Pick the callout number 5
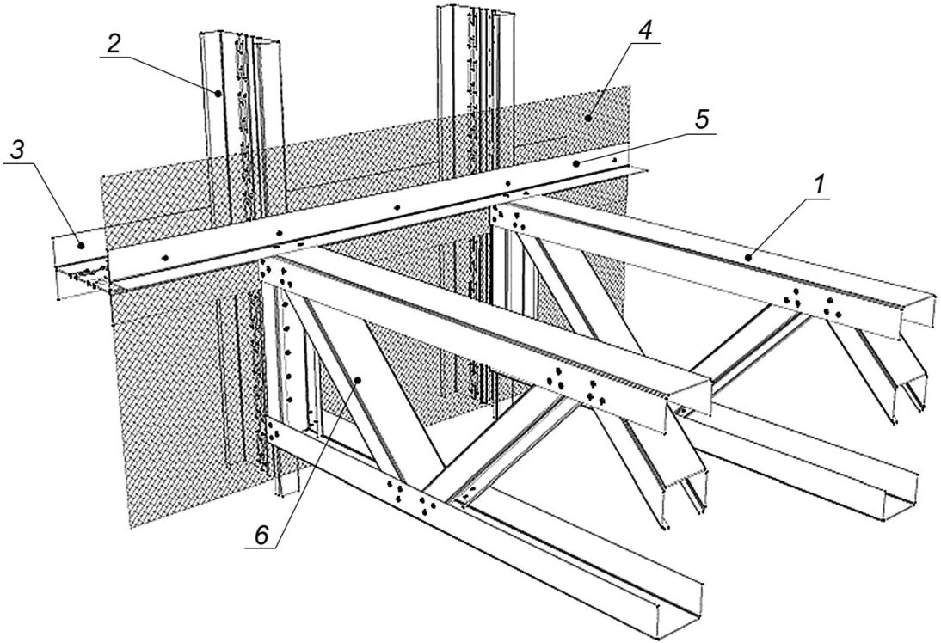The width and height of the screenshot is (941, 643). coord(703,121)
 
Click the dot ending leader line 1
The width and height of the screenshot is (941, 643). coord(749,256)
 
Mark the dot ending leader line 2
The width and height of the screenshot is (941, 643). coord(218,92)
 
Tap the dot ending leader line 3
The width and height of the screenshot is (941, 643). coord(81,245)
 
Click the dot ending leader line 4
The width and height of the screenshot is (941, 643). coord(590,116)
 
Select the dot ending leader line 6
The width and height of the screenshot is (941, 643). coord(362,379)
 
